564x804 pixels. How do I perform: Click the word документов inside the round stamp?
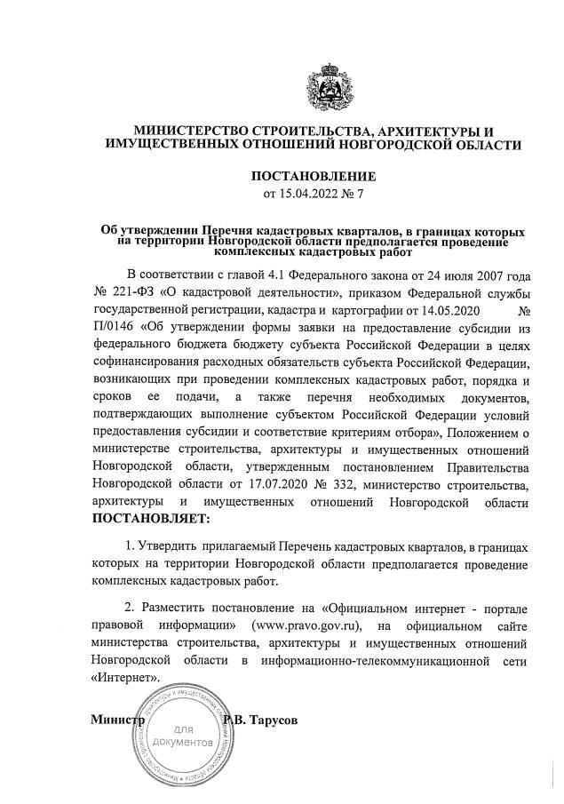[x=182, y=741]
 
